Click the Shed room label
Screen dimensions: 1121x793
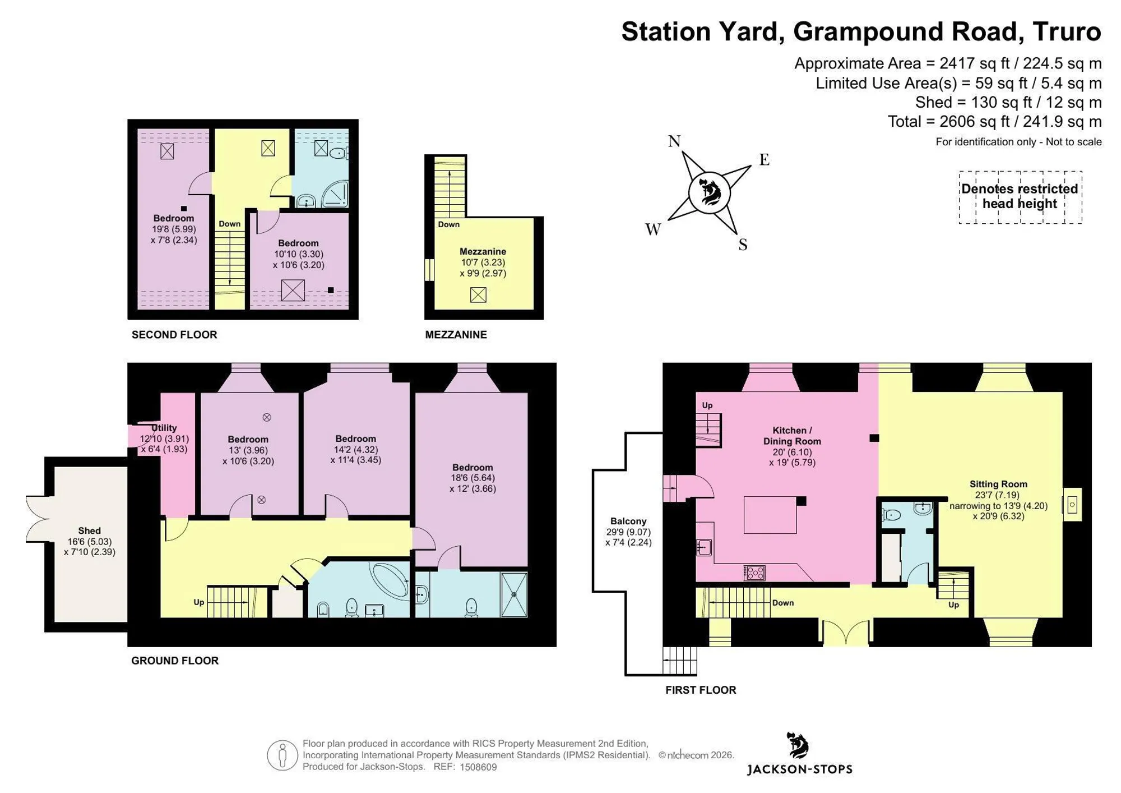90,531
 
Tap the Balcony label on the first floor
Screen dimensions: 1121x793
628,521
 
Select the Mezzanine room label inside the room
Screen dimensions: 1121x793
483,252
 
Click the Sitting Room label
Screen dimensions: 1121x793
998,484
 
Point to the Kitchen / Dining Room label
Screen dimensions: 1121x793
792,436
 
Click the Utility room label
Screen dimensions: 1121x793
164,428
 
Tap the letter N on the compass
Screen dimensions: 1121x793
674,141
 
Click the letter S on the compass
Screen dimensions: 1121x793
743,245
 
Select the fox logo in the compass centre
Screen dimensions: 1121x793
710,192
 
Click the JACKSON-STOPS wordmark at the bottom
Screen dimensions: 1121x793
800,769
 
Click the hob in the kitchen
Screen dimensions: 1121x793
754,573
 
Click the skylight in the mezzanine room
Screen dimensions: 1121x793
478,295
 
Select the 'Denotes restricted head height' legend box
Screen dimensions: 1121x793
1020,197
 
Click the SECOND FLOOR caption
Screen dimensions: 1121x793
174,335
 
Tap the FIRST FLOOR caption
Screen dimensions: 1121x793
701,690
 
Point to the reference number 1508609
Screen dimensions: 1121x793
478,767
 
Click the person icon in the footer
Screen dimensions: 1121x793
282,755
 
